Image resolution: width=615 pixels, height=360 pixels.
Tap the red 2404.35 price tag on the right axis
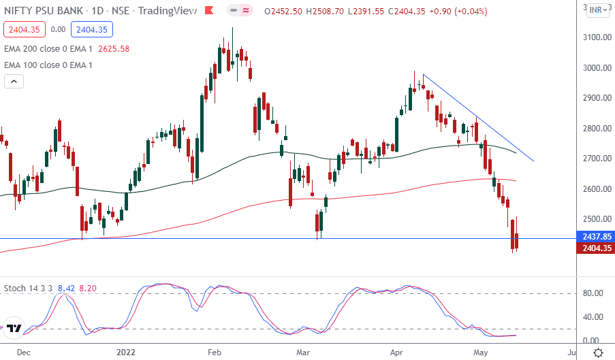(x=594, y=248)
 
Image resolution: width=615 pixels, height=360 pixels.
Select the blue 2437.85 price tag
(x=594, y=237)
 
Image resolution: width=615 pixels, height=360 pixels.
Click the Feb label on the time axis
(x=215, y=352)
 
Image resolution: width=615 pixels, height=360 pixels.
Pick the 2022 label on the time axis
(x=127, y=352)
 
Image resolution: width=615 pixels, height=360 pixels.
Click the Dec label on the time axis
(x=23, y=352)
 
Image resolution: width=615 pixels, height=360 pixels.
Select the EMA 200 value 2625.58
(x=114, y=49)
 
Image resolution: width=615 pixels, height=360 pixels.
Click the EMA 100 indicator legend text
(x=48, y=65)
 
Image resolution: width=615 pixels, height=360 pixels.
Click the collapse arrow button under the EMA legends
(x=14, y=82)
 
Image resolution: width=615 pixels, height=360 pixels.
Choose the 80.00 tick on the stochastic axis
(x=593, y=293)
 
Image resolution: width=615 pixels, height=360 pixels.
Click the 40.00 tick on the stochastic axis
(x=593, y=317)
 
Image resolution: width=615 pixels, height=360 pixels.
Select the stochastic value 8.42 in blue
(x=66, y=288)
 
